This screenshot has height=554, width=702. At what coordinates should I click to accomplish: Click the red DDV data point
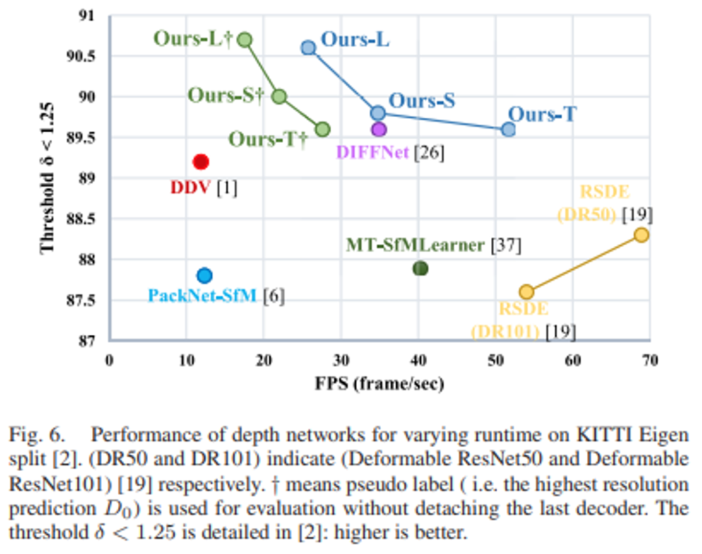click(200, 162)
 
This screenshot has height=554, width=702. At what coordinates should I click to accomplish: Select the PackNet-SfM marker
click(204, 275)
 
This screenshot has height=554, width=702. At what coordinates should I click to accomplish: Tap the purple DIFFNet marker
click(379, 129)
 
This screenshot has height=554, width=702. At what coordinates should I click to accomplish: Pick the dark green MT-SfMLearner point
click(420, 268)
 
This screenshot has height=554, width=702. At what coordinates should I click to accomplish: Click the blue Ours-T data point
click(508, 129)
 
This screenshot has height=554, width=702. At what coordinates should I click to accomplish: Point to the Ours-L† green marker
click(245, 40)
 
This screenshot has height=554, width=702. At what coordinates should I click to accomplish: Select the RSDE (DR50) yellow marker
click(641, 235)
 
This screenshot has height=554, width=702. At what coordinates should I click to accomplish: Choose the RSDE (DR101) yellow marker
click(526, 292)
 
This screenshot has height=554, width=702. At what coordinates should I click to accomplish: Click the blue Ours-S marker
click(378, 113)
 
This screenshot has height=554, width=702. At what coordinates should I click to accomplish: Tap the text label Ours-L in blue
click(355, 39)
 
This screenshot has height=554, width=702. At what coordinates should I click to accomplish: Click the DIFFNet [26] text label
click(390, 152)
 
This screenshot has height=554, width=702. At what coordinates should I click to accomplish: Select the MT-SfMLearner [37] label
click(434, 244)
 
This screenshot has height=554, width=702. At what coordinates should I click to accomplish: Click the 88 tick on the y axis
click(90, 260)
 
